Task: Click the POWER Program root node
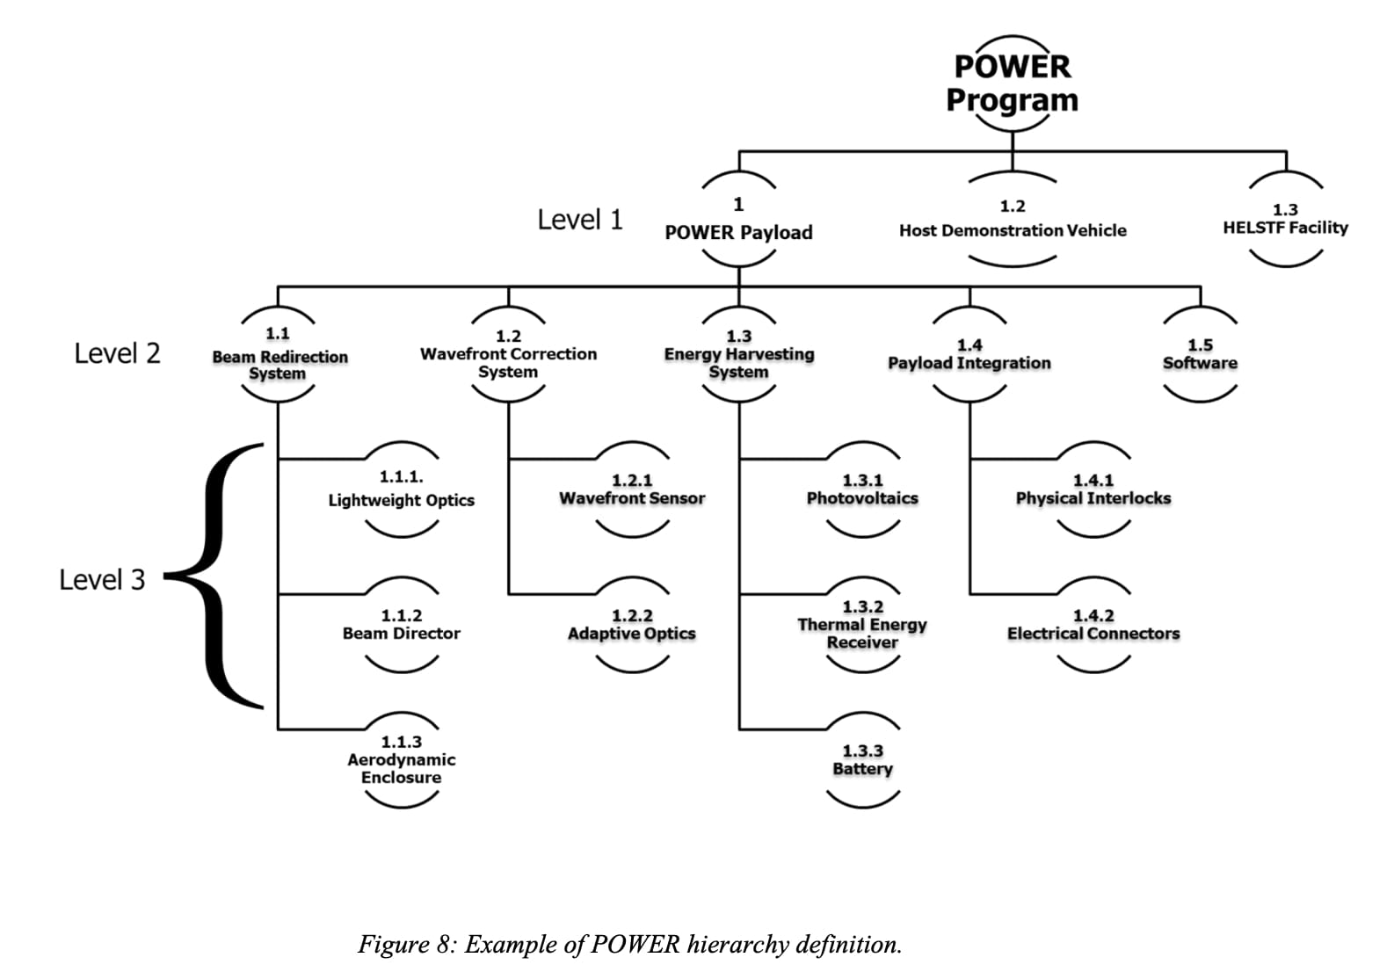(x=1012, y=83)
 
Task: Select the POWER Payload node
(x=738, y=220)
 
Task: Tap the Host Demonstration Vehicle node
(x=1012, y=220)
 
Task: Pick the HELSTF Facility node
(x=1285, y=220)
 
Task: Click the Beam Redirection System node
(x=279, y=355)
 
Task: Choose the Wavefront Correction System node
(x=508, y=355)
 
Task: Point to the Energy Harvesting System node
(x=738, y=355)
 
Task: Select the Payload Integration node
(x=969, y=355)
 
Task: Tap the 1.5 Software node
(x=1200, y=355)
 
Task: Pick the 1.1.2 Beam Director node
(x=401, y=625)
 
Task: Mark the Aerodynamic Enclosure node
(x=401, y=760)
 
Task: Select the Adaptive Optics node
(x=632, y=625)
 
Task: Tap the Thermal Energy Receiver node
(x=862, y=625)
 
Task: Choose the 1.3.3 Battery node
(x=862, y=760)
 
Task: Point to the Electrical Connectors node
(x=1093, y=625)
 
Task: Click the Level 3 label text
(x=102, y=580)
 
